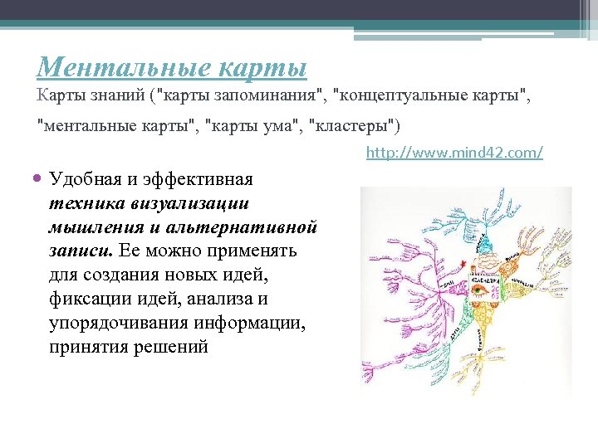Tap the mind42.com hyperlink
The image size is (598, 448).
(x=454, y=153)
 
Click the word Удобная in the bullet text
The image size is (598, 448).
(x=85, y=178)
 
